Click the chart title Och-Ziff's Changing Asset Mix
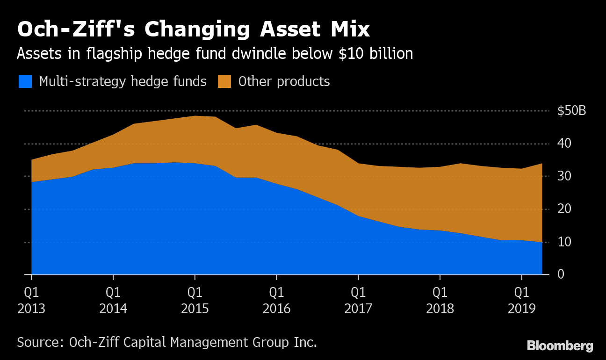pyautogui.click(x=193, y=29)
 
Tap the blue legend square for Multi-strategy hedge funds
pyautogui.click(x=25, y=81)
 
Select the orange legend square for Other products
pyautogui.click(x=224, y=81)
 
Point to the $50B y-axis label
pyautogui.click(x=571, y=111)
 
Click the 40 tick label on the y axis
pyautogui.click(x=564, y=144)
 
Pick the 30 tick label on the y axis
pyautogui.click(x=564, y=176)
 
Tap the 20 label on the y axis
pyautogui.click(x=564, y=209)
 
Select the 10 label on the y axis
pyautogui.click(x=564, y=242)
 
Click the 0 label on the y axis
pyautogui.click(x=561, y=274)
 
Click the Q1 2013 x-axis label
pyautogui.click(x=31, y=301)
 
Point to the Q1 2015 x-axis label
pyautogui.click(x=195, y=301)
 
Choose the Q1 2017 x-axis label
pyautogui.click(x=358, y=301)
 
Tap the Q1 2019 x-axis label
pyautogui.click(x=522, y=301)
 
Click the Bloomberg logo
pyautogui.click(x=560, y=346)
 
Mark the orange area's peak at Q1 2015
pyautogui.click(x=195, y=116)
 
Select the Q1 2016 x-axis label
pyautogui.click(x=276, y=301)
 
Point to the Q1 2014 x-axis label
pyautogui.click(x=113, y=301)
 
